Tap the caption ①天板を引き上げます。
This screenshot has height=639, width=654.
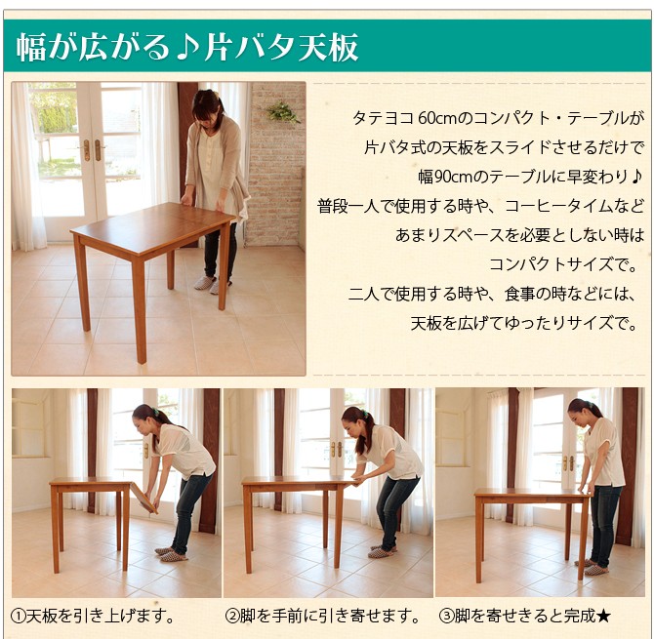(95, 616)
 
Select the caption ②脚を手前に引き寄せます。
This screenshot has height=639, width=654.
(322, 616)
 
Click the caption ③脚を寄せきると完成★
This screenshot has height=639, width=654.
(524, 616)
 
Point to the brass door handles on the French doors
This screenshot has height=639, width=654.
(92, 149)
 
